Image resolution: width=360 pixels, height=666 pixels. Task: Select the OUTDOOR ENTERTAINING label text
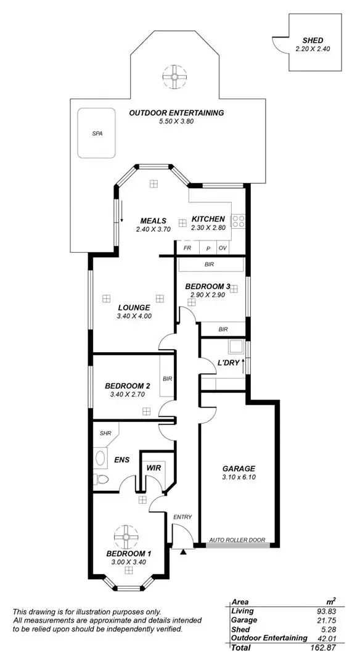(176, 113)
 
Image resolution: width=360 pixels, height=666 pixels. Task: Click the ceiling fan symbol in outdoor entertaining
(174, 77)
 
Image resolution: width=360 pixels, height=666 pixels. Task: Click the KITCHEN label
(208, 220)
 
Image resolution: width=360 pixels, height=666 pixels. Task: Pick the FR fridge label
(187, 248)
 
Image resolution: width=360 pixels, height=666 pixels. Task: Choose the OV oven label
(223, 248)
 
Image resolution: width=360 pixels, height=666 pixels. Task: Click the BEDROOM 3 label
(207, 286)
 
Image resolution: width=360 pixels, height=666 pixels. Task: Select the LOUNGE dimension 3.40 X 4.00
(134, 316)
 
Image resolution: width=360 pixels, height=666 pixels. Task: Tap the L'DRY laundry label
(227, 363)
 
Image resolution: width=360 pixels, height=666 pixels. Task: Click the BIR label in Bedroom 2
(167, 379)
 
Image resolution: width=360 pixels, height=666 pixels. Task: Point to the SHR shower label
(105, 433)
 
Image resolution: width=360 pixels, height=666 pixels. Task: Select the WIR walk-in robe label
(153, 468)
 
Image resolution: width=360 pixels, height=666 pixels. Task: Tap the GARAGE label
(239, 469)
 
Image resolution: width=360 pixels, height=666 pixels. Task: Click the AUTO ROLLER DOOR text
(237, 540)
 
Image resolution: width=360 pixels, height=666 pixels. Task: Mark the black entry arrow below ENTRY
(183, 551)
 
